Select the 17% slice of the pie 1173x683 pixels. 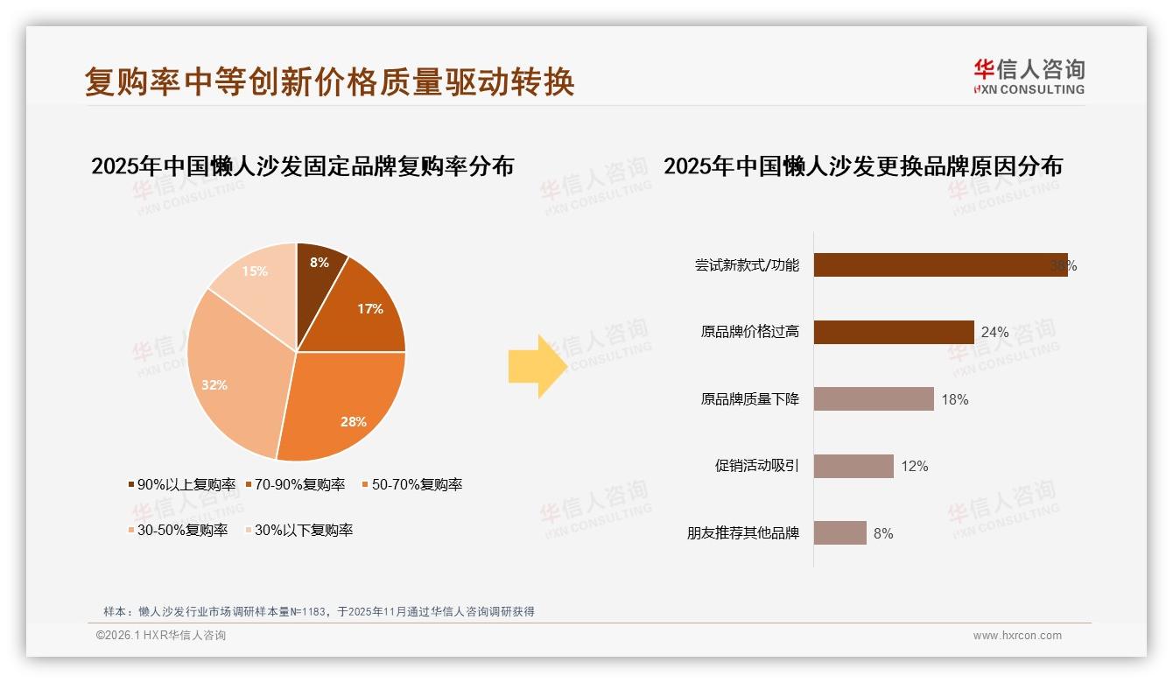363,306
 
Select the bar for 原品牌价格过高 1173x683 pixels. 893,332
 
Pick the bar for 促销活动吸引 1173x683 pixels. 853,466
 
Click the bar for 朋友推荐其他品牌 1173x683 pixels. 839,532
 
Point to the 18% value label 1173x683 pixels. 955,399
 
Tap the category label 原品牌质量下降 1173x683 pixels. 749,399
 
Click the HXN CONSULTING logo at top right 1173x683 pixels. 1029,77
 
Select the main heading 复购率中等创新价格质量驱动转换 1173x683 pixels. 329,81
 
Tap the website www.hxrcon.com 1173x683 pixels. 1017,636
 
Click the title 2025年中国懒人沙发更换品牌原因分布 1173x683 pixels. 862,166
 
